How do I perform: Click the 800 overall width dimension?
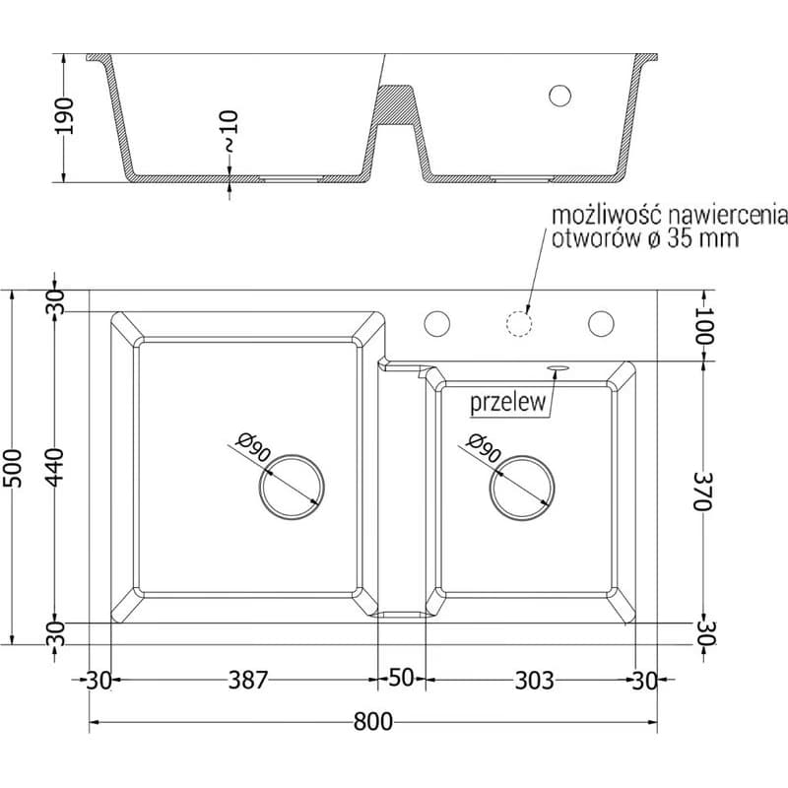[373, 722]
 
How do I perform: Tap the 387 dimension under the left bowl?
[248, 680]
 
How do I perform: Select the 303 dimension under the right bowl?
[534, 681]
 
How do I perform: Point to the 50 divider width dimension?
[401, 678]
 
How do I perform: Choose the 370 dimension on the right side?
[701, 491]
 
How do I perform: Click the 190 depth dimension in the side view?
[64, 116]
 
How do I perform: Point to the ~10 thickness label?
[230, 132]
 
